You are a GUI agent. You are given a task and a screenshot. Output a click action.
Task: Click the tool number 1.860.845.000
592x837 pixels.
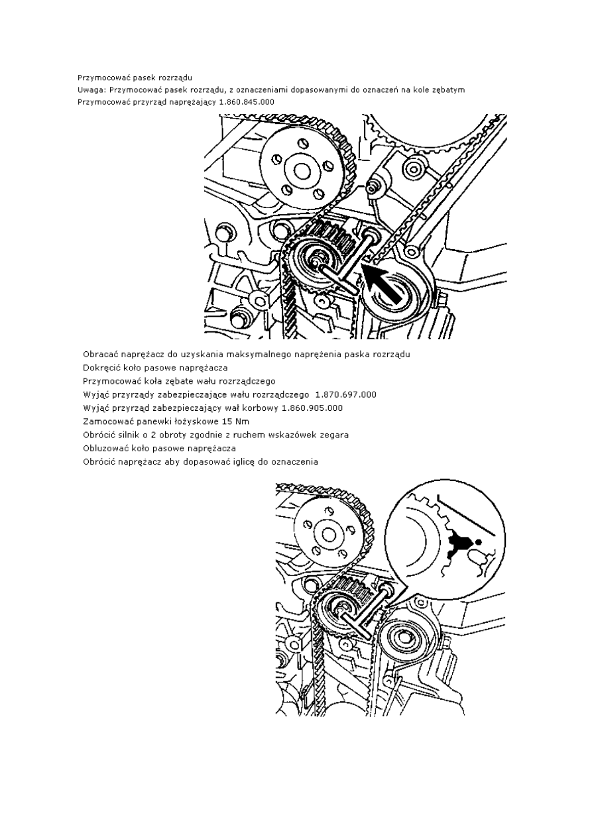point(238,101)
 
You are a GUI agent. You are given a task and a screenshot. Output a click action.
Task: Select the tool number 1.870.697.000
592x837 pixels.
point(345,394)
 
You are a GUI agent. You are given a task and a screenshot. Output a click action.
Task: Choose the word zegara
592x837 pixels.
point(333,435)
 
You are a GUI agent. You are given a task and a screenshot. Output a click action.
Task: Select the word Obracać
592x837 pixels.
point(101,354)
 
